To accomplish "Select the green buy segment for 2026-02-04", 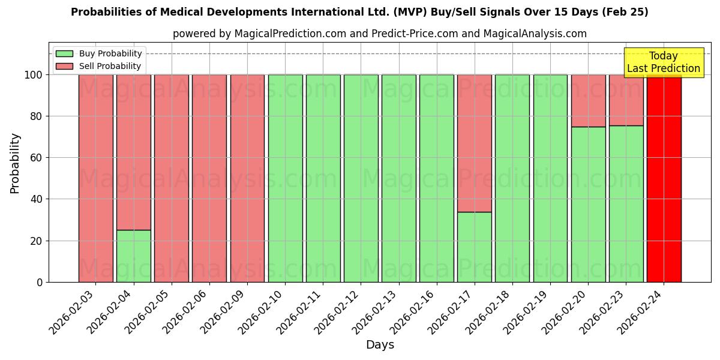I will [134, 256].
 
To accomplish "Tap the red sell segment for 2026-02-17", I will [475, 143].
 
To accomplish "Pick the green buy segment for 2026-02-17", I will [475, 247].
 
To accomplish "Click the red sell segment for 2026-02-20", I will [588, 100].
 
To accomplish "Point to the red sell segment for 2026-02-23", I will [626, 100].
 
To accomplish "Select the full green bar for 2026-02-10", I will [285, 178].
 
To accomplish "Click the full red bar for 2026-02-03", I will [96, 178].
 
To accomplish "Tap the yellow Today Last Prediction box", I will [663, 62].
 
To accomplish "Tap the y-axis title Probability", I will [16, 163].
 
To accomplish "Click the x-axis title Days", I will [380, 345].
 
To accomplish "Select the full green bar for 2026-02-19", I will [550, 178].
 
